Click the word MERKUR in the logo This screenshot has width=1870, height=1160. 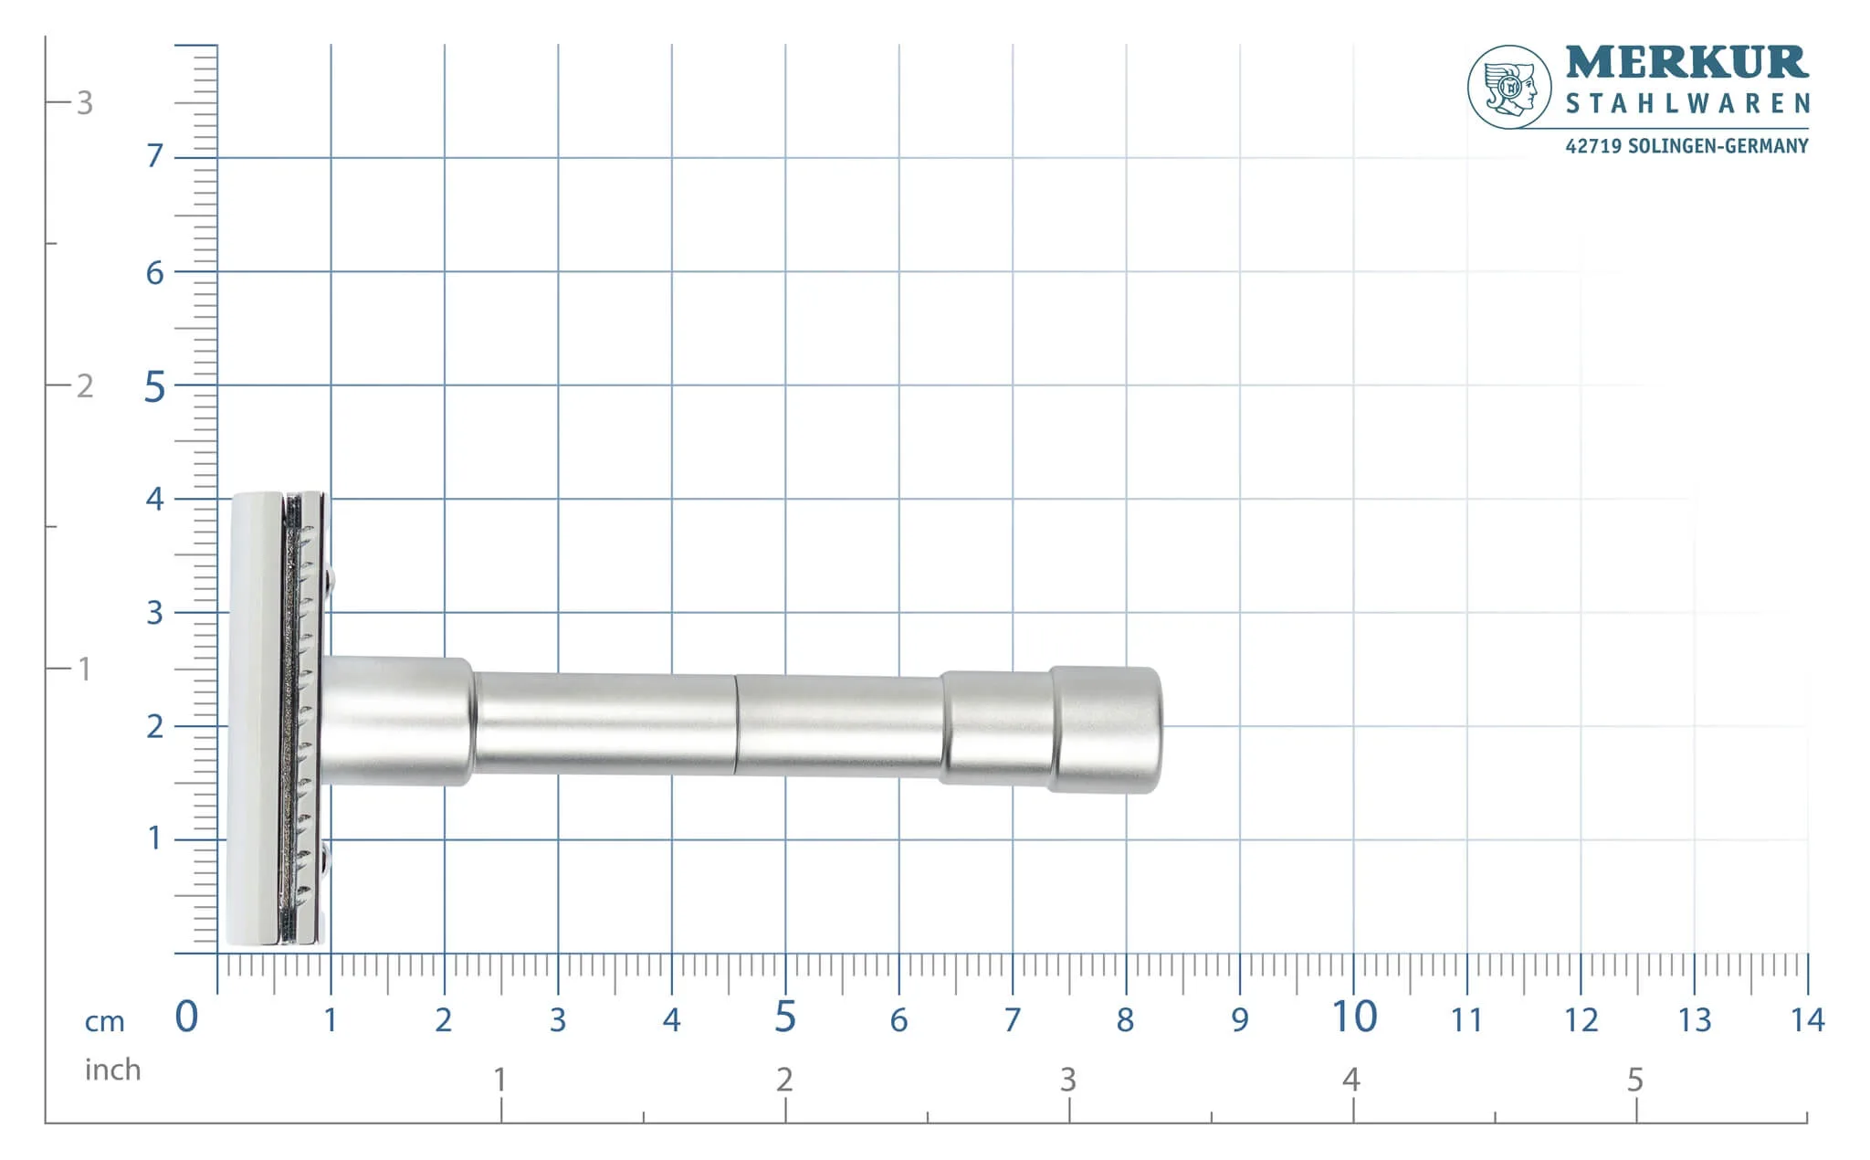pyautogui.click(x=1686, y=63)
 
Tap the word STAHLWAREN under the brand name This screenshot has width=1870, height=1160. pyautogui.click(x=1687, y=103)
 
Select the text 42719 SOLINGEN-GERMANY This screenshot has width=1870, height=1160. pyautogui.click(x=1686, y=146)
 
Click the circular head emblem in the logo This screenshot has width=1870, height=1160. pyautogui.click(x=1509, y=87)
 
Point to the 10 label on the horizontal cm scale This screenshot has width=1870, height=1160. pyautogui.click(x=1354, y=1017)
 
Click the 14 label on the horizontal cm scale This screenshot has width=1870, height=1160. pyautogui.click(x=1808, y=1019)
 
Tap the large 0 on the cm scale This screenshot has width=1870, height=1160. pyautogui.click(x=186, y=1017)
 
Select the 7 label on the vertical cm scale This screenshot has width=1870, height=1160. pyautogui.click(x=155, y=156)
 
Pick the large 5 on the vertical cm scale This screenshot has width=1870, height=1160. pyautogui.click(x=155, y=387)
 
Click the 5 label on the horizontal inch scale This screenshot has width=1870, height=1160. pyautogui.click(x=1635, y=1080)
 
